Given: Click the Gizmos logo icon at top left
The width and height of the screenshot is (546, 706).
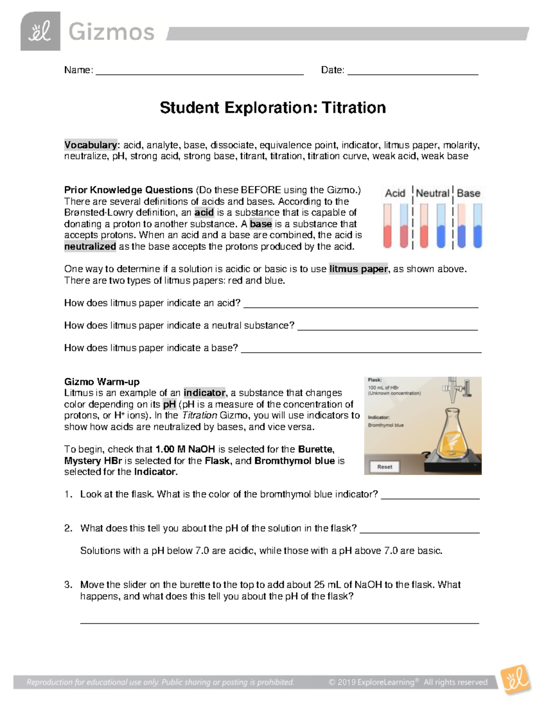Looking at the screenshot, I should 40,31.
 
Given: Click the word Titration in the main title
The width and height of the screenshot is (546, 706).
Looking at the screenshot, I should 354,108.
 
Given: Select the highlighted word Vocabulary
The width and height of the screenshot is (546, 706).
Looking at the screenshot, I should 91,145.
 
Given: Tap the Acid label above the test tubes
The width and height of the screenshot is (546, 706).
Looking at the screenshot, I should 395,193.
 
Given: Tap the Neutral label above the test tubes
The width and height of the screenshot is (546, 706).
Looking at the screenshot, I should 432,193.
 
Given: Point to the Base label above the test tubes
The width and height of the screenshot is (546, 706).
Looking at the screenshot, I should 468,193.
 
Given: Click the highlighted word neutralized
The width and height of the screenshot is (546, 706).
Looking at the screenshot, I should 90,246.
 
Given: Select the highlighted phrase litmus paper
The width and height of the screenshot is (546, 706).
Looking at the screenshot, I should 359,269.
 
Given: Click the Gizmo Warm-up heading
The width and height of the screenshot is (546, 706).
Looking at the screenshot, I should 102,382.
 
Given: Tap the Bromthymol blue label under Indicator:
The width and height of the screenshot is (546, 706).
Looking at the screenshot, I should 386,426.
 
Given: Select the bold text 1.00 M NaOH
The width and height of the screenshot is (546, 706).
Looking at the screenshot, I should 185,450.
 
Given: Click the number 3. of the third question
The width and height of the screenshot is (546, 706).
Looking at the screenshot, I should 68,585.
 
